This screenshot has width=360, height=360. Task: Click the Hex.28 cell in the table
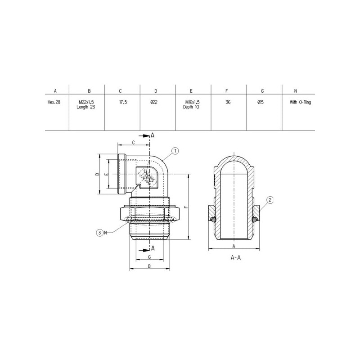click(x=54, y=102)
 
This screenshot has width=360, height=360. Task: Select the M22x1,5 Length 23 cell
click(x=86, y=104)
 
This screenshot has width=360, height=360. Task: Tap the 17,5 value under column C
click(x=123, y=102)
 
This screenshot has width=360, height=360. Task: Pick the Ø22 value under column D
click(x=154, y=102)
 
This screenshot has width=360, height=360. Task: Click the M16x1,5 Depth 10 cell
click(x=191, y=104)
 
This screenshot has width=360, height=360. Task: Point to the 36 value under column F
click(x=228, y=102)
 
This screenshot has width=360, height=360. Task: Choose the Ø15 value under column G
click(x=261, y=102)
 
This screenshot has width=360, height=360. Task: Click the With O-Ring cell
click(x=300, y=102)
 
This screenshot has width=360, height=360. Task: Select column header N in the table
click(x=296, y=91)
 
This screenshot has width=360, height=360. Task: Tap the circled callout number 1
click(x=175, y=151)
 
